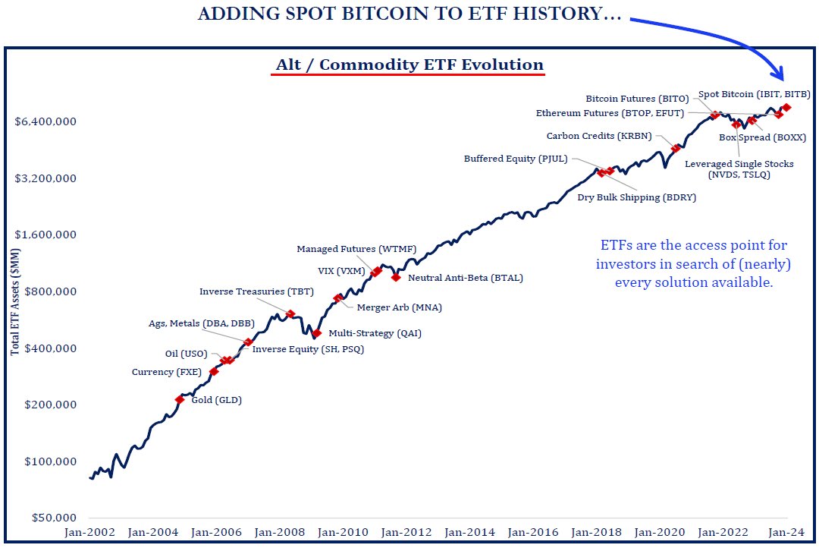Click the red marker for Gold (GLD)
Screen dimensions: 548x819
[x=180, y=399]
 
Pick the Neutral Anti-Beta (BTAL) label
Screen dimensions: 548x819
[x=465, y=279]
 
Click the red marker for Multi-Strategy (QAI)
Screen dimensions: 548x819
[x=317, y=333]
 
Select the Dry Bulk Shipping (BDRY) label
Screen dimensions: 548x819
[x=636, y=197]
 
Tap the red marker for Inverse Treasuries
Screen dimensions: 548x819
[x=290, y=313]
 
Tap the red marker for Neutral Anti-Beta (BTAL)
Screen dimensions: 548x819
[x=396, y=277]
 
